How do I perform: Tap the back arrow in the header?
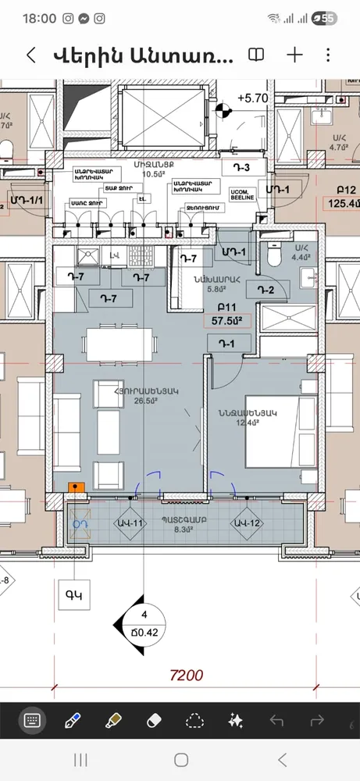(x=31, y=55)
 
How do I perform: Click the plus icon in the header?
(x=294, y=55)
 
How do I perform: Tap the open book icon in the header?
(x=255, y=55)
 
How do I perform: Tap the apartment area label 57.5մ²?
(x=226, y=319)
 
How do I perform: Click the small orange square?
(x=76, y=487)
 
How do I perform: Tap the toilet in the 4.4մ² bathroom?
(x=273, y=253)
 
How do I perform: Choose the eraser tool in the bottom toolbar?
(x=153, y=719)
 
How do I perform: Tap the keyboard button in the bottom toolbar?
(x=33, y=719)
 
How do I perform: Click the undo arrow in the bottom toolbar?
(x=276, y=719)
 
